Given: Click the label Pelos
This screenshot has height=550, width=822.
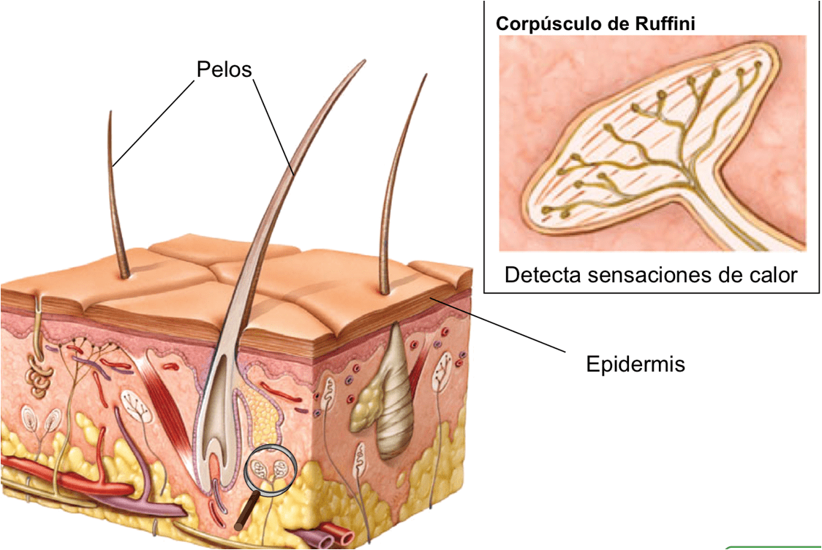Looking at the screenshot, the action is point(224,69).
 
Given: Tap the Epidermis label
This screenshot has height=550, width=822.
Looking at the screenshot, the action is point(636,364).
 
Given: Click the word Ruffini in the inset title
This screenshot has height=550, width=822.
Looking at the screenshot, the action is point(665,23).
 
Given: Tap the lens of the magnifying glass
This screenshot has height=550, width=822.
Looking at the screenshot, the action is point(271,470).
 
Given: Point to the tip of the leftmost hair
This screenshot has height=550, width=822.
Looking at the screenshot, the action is point(110,111).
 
